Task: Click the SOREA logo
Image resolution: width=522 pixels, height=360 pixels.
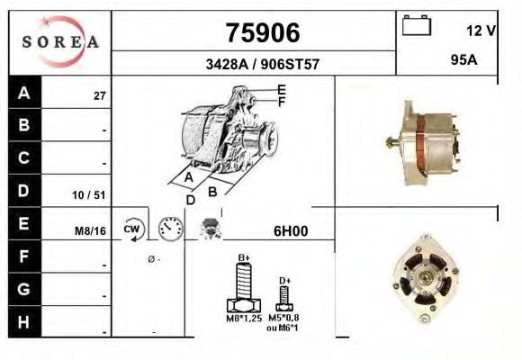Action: point(60,41)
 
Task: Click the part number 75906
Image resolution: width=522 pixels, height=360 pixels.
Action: point(260,32)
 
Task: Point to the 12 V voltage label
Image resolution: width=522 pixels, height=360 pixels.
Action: point(481,31)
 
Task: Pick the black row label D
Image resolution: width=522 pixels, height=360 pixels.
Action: point(24,191)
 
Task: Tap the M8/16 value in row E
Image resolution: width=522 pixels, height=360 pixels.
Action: point(91,231)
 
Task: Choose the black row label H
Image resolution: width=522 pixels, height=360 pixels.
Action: point(24,322)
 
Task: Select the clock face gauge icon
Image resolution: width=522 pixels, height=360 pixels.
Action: point(169,229)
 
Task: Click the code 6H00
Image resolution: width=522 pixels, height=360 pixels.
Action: point(290,231)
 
